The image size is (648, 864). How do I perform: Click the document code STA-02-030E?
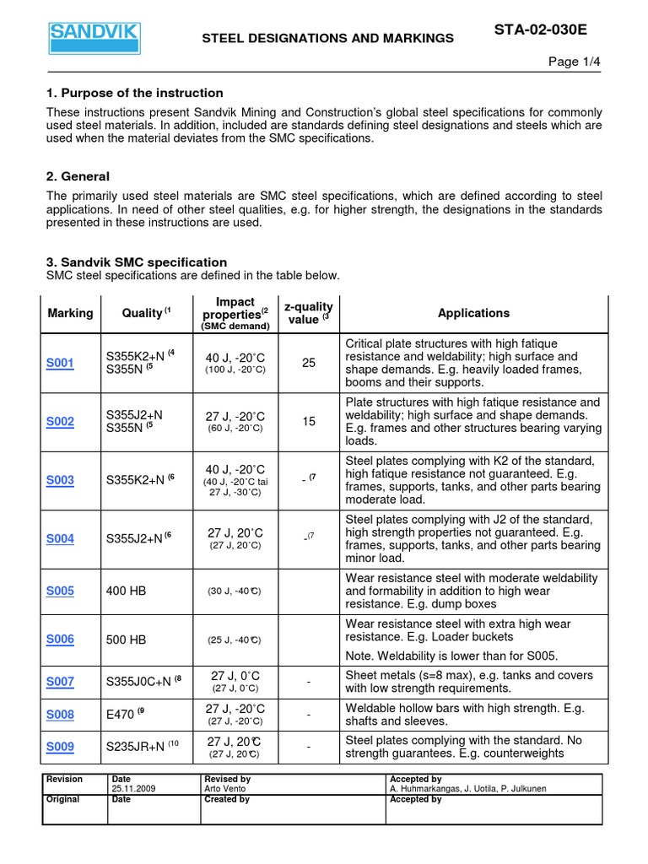pos(539,30)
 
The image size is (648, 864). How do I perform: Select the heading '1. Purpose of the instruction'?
pos(135,93)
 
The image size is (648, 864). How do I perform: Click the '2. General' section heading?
pos(78,176)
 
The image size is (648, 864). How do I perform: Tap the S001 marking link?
pos(60,363)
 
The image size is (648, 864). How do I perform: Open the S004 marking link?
pos(60,539)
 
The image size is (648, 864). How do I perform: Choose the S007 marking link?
pos(60,681)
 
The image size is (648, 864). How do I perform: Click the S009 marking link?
pos(60,746)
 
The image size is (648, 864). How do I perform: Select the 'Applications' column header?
pos(473,313)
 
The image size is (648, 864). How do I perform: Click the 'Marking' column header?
pos(71,313)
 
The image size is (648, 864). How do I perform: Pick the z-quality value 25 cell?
pos(309,363)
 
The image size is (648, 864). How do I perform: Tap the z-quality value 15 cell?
pos(309,422)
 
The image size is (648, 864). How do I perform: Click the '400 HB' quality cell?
pos(127,591)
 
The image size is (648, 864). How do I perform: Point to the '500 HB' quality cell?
pos(127,640)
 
